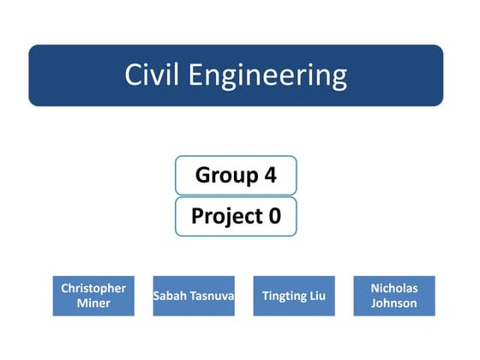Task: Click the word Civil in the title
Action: [x=153, y=75]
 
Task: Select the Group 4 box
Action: [x=236, y=176]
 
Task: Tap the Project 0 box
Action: [x=236, y=216]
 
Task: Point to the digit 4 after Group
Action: [x=270, y=176]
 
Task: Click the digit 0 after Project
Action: [x=274, y=216]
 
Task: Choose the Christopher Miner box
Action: [x=93, y=296]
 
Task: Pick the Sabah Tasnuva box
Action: [x=194, y=296]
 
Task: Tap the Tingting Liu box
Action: [x=294, y=296]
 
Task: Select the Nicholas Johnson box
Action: [x=394, y=296]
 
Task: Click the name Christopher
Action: [x=93, y=288]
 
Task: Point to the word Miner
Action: [x=93, y=303]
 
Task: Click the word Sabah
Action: [x=169, y=296]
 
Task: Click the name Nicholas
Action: [x=394, y=288]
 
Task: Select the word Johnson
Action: [x=394, y=303]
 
